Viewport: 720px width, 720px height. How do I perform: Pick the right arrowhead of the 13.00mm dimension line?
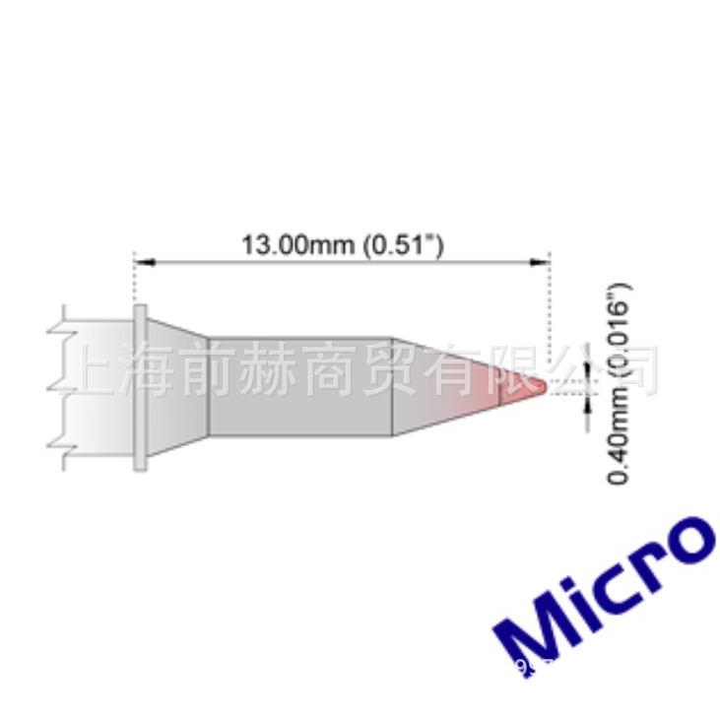click(540, 262)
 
